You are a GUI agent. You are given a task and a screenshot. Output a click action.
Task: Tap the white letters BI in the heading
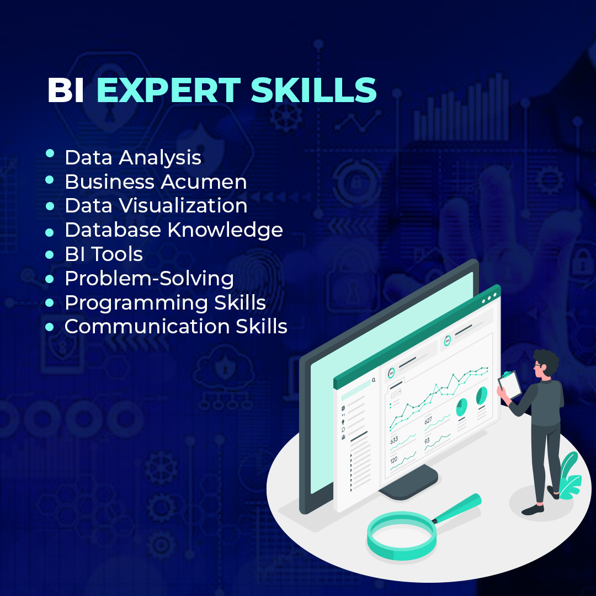click(66, 91)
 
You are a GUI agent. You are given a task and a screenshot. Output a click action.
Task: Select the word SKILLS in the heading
click(314, 91)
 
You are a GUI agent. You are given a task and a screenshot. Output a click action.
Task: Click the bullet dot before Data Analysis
click(50, 154)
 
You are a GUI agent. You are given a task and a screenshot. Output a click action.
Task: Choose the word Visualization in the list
click(184, 206)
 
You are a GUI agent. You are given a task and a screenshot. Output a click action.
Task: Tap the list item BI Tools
click(104, 254)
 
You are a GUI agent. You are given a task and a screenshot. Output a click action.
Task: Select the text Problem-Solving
click(149, 279)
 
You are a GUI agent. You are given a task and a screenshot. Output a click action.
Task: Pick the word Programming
click(135, 303)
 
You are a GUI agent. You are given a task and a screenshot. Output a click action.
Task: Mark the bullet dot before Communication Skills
click(50, 327)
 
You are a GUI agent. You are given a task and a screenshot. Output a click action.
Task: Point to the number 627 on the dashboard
click(428, 421)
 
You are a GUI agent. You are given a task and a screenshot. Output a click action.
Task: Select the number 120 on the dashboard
click(393, 460)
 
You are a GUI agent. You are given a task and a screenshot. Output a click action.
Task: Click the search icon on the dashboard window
click(374, 380)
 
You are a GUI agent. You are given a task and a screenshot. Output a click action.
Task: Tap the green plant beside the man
click(568, 477)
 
